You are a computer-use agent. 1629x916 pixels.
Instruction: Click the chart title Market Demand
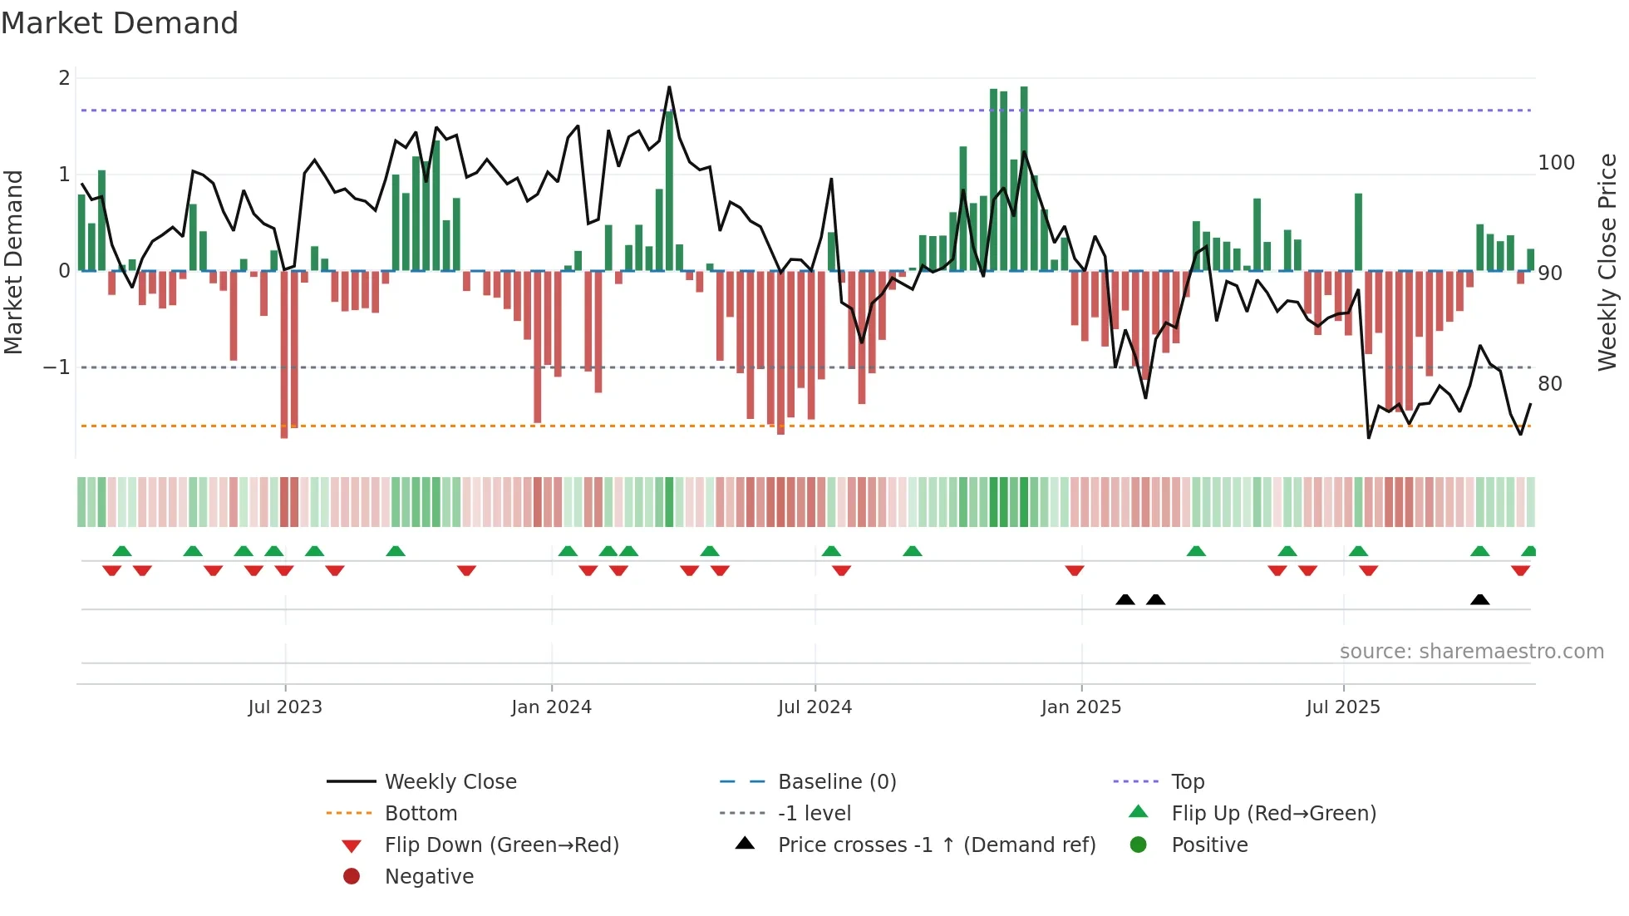click(x=120, y=23)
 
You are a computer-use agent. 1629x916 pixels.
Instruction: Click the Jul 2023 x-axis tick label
click(x=284, y=707)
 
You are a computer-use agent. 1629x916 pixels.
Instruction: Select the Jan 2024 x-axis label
click(x=551, y=707)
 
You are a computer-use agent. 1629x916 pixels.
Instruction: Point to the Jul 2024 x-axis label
click(x=814, y=707)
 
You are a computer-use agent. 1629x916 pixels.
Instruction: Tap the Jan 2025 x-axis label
click(x=1080, y=707)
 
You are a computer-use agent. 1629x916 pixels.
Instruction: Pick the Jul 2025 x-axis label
click(x=1342, y=707)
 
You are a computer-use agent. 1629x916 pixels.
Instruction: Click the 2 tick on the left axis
click(x=64, y=78)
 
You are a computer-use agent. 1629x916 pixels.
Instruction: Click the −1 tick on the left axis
click(x=57, y=367)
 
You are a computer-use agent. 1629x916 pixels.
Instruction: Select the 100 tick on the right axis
click(x=1556, y=163)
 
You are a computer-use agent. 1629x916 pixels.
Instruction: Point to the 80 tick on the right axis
click(x=1549, y=384)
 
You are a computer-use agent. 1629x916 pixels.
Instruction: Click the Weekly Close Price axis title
click(x=1607, y=262)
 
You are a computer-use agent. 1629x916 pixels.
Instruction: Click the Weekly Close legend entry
click(x=450, y=782)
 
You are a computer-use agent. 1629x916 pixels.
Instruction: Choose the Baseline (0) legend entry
click(x=836, y=782)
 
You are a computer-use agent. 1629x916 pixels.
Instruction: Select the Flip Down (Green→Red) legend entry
click(x=501, y=845)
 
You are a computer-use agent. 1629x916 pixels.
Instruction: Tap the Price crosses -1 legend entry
click(x=936, y=845)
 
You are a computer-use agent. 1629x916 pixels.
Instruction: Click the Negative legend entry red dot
click(x=352, y=877)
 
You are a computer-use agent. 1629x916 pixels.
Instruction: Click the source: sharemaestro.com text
click(x=1471, y=652)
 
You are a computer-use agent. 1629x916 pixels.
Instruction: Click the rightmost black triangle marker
click(x=1479, y=600)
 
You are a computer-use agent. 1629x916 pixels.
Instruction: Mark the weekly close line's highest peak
click(x=669, y=87)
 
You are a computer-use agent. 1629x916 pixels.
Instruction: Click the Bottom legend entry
click(x=421, y=814)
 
